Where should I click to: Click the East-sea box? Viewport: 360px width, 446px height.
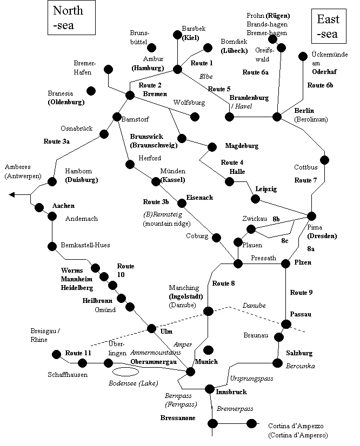328,27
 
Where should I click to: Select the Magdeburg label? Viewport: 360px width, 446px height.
242,146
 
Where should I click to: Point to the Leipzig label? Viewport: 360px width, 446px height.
266,188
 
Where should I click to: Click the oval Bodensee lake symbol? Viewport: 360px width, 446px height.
125,372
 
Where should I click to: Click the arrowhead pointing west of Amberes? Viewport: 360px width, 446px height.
12,195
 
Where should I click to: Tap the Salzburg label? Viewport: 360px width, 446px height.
299,353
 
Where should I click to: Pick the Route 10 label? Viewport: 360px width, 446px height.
125,271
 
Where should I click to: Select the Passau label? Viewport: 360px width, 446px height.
301,314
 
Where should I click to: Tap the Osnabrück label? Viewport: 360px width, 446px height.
77,129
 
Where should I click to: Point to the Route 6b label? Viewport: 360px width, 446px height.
321,85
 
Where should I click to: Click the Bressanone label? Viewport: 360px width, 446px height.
178,418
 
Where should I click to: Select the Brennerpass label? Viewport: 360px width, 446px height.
235,409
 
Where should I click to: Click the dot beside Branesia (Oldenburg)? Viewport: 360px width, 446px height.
91,90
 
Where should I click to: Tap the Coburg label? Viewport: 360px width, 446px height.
197,236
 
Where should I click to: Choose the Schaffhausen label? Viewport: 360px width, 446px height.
66,374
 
